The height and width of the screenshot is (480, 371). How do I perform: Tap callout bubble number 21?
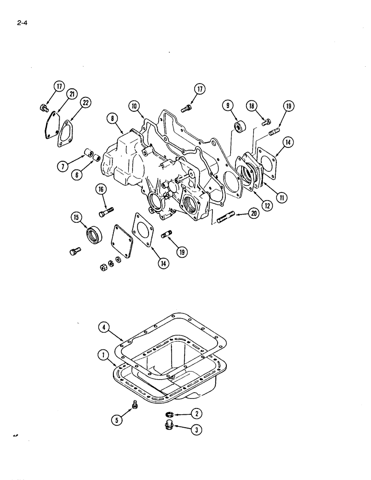(x=72, y=94)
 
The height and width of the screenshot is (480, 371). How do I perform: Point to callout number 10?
(x=133, y=106)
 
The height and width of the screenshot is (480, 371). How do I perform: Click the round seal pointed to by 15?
(x=93, y=235)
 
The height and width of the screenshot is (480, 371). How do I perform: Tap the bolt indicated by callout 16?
(x=106, y=211)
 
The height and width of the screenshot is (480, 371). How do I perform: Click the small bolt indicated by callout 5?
(x=135, y=406)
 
